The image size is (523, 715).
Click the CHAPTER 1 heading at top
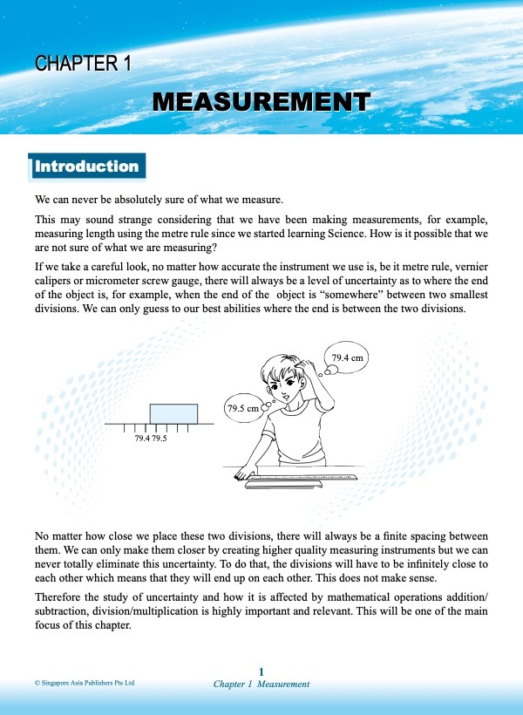pos(84,64)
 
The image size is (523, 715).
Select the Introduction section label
pos(86,166)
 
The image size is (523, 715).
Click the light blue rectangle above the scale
pos(173,412)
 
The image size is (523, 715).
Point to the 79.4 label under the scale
pos(142,439)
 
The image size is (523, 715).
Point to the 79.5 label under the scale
pos(159,439)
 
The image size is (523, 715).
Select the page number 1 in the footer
pos(261,671)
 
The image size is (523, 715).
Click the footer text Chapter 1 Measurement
pos(261,684)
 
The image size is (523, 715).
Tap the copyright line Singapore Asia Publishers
pos(85,684)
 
